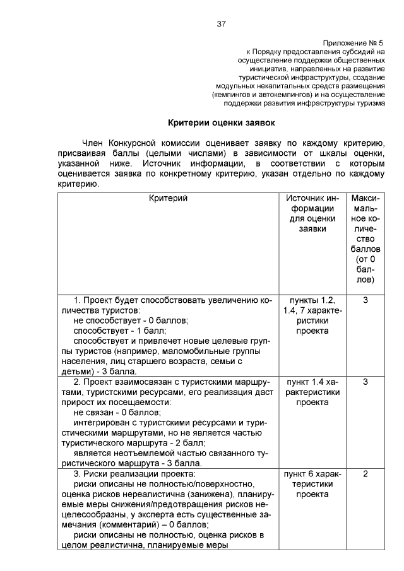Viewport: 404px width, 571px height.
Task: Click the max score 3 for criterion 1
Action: [x=365, y=300]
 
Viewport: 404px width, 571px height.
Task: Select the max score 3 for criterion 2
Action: [x=365, y=382]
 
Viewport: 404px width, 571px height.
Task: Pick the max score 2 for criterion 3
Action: [x=365, y=474]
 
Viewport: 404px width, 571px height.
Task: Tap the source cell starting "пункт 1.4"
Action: [x=308, y=392]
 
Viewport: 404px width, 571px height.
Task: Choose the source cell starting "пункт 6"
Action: [x=308, y=484]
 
